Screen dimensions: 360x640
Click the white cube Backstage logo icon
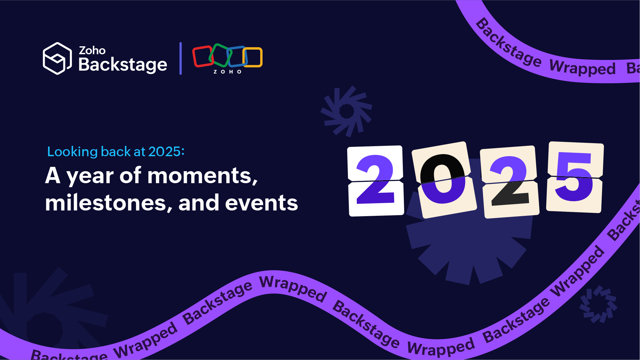(x=57, y=58)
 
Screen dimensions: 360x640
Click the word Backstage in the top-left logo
(x=123, y=65)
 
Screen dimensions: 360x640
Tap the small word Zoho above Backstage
(x=92, y=51)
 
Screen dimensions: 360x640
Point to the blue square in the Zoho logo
(x=236, y=56)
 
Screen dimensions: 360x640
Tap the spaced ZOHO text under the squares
(x=228, y=72)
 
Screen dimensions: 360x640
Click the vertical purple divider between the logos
(x=181, y=58)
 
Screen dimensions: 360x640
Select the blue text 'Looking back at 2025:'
(x=116, y=152)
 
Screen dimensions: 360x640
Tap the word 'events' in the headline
(x=262, y=203)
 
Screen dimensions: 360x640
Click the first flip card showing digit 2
(x=375, y=181)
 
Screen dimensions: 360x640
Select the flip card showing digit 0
(x=443, y=180)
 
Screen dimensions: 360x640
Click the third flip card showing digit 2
(x=510, y=182)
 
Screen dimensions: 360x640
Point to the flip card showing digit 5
(x=575, y=177)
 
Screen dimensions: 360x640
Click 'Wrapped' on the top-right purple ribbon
(x=582, y=68)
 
